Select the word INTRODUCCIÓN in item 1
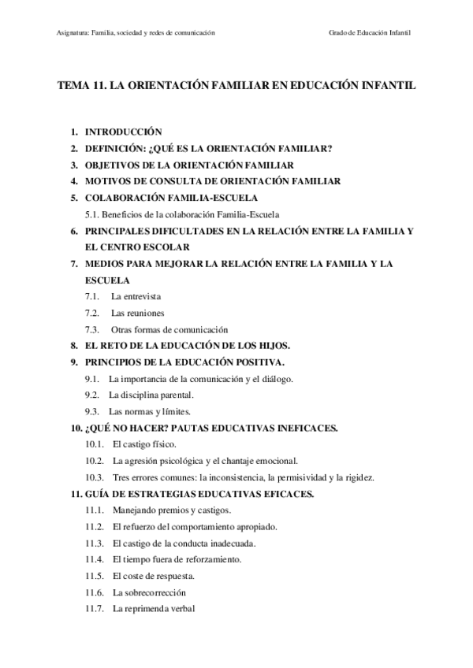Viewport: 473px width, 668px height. (x=123, y=133)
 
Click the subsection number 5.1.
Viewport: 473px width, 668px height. (x=94, y=214)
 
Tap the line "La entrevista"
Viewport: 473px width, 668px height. (x=136, y=296)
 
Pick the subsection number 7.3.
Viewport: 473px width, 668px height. (x=93, y=329)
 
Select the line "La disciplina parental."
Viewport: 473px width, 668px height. (x=150, y=395)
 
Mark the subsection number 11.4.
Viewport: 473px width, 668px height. (x=95, y=559)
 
